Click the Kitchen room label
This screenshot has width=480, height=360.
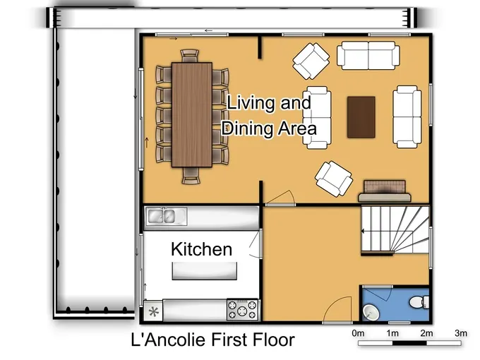tap(201, 249)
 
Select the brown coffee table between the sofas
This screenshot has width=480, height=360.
tap(361, 117)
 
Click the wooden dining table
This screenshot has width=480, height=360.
tap(192, 115)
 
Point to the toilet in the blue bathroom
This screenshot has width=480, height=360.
tap(419, 302)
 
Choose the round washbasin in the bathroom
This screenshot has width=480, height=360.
tap(371, 312)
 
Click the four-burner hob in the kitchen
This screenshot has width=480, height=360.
tap(242, 309)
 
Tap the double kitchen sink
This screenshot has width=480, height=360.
tap(166, 217)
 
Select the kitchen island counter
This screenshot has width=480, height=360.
tap(205, 271)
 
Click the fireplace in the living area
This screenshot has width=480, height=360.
tap(385, 191)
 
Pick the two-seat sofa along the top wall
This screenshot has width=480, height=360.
tap(368, 55)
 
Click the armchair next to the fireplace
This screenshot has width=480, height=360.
tap(334, 179)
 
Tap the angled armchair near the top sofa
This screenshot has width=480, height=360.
tap(311, 61)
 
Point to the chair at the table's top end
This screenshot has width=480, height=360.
tap(190, 56)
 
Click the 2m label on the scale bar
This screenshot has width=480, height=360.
tap(426, 333)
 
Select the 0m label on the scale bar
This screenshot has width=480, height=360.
tap(358, 333)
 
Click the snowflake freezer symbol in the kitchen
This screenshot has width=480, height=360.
tap(153, 312)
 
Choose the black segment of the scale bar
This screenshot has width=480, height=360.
tap(409, 343)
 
